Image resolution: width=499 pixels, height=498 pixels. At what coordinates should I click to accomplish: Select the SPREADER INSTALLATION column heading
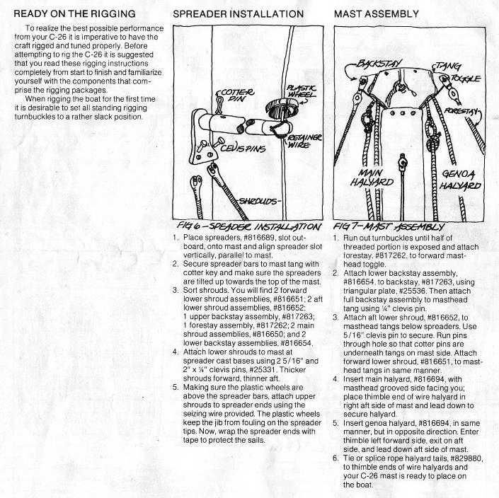239,13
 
